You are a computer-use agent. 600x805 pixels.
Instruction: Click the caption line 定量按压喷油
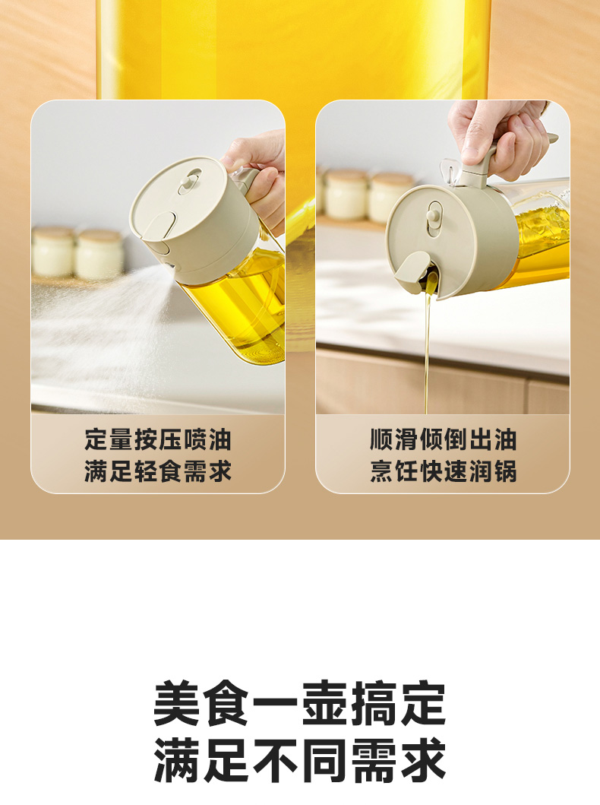coord(158,439)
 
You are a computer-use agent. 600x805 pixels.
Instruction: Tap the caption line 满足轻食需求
coord(158,471)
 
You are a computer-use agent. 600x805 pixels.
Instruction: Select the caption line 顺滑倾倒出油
coord(443,439)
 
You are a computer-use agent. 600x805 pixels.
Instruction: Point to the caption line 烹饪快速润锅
coord(443,471)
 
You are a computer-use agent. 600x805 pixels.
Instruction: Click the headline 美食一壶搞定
coord(299,703)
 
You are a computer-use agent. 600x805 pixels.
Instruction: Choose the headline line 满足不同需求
coord(299,760)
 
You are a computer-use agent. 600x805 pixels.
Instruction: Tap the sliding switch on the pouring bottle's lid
coord(434,218)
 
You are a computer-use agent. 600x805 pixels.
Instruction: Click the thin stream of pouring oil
coord(428,349)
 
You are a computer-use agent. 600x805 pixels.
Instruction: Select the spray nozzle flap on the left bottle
coord(157,226)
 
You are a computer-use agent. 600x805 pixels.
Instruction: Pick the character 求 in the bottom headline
coord(423,760)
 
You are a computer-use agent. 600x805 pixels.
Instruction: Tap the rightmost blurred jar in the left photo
coord(99,254)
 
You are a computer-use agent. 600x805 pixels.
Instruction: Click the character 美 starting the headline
coord(176,703)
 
